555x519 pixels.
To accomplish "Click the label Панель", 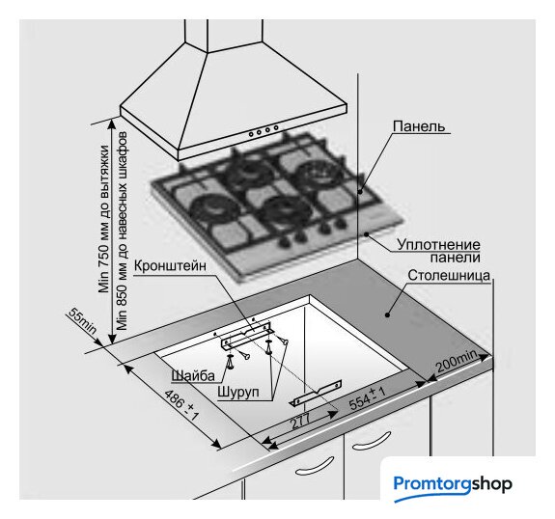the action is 419,126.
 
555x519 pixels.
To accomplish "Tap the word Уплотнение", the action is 438,244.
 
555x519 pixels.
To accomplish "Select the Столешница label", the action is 449,275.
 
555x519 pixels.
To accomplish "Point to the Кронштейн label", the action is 170,265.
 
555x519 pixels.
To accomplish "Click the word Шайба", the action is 193,375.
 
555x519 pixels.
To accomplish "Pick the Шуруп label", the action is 238,392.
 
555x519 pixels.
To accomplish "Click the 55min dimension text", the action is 82,321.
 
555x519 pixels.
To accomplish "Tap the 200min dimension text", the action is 457,362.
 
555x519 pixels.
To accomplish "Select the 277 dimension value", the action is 300,421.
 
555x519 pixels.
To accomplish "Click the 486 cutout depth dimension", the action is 181,405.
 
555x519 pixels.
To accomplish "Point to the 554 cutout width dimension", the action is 367,398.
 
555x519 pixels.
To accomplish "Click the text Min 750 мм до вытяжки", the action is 104,219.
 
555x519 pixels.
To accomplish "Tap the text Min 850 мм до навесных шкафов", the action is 122,232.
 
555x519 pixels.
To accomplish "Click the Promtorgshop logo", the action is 453,485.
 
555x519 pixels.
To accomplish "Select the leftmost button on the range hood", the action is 251,134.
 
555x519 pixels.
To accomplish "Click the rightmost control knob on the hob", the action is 341,223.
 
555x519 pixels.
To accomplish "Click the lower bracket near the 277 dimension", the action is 318,393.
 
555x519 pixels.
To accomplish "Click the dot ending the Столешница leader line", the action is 387,314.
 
